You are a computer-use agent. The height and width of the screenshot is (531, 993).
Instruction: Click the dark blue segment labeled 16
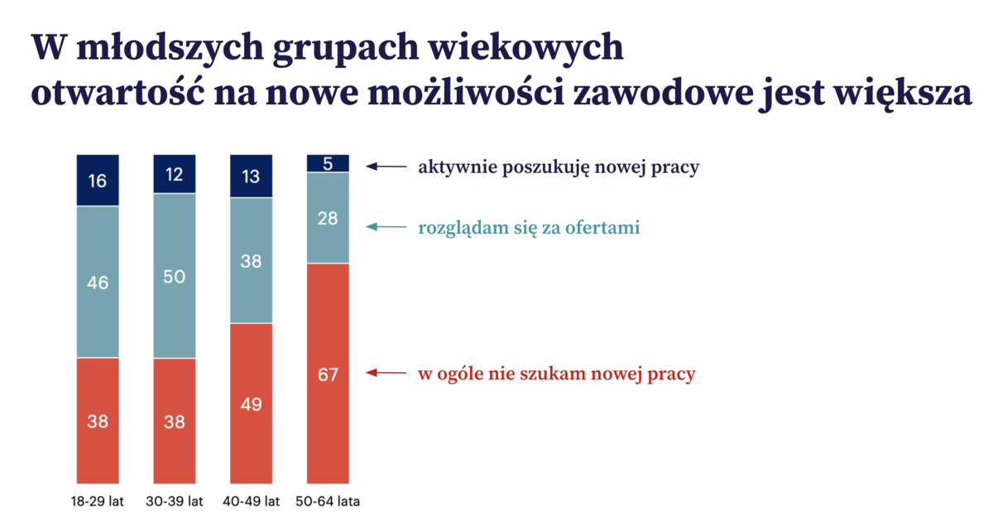point(98,181)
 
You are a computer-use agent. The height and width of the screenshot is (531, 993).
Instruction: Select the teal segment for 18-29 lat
point(98,282)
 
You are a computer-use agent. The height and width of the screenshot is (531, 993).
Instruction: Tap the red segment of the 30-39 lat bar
point(174,421)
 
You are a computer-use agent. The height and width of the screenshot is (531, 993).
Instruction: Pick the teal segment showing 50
point(174,277)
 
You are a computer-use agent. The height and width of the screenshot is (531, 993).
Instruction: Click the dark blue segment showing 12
point(174,175)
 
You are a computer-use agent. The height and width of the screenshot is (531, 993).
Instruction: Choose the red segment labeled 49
point(251,403)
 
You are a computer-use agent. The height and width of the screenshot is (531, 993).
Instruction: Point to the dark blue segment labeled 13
point(251,176)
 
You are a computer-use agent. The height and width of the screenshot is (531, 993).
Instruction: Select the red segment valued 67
point(328,374)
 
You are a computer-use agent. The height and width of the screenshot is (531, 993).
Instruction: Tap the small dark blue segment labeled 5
point(328,163)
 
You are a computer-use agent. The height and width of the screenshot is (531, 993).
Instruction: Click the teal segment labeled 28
point(328,218)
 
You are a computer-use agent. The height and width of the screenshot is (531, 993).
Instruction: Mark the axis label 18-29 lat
point(98,502)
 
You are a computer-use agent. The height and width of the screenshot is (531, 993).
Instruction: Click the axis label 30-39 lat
point(174,502)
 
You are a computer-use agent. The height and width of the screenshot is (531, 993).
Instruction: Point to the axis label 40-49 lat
point(251,502)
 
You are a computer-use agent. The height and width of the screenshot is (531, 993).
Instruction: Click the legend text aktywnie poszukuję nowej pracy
point(559,167)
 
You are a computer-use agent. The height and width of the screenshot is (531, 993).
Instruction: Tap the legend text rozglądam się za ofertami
point(529,227)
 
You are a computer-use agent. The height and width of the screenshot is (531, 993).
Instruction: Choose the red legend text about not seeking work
point(556,374)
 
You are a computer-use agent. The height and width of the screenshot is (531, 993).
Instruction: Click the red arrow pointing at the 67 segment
point(386,373)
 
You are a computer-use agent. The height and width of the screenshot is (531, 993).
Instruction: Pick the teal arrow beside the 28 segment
point(386,226)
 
